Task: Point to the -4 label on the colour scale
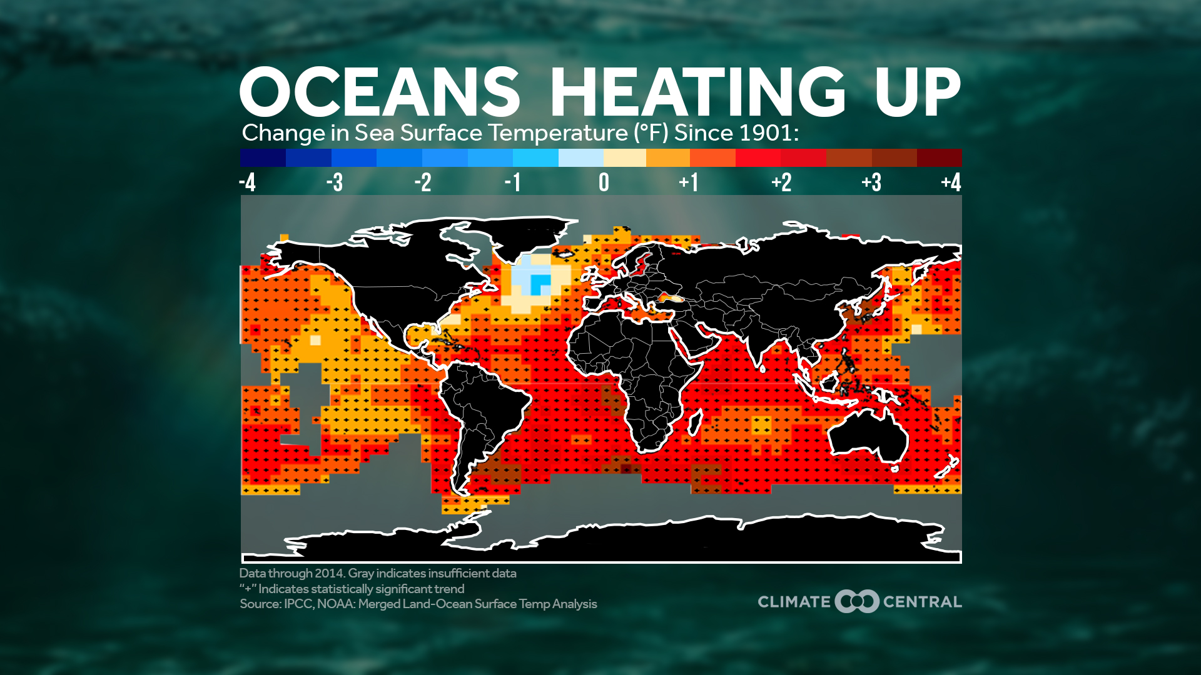pyautogui.click(x=248, y=182)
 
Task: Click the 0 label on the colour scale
pyautogui.click(x=604, y=182)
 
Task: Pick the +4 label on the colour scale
pyautogui.click(x=951, y=182)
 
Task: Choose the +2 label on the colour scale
pyautogui.click(x=781, y=182)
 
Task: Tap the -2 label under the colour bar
pyautogui.click(x=423, y=182)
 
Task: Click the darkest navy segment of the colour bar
pyautogui.click(x=263, y=157)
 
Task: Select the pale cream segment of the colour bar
pyautogui.click(x=625, y=157)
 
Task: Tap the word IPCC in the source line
pyautogui.click(x=298, y=604)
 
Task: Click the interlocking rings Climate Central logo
pyautogui.click(x=857, y=601)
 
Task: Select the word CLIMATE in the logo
pyautogui.click(x=794, y=602)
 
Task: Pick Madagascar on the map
pyautogui.click(x=695, y=422)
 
